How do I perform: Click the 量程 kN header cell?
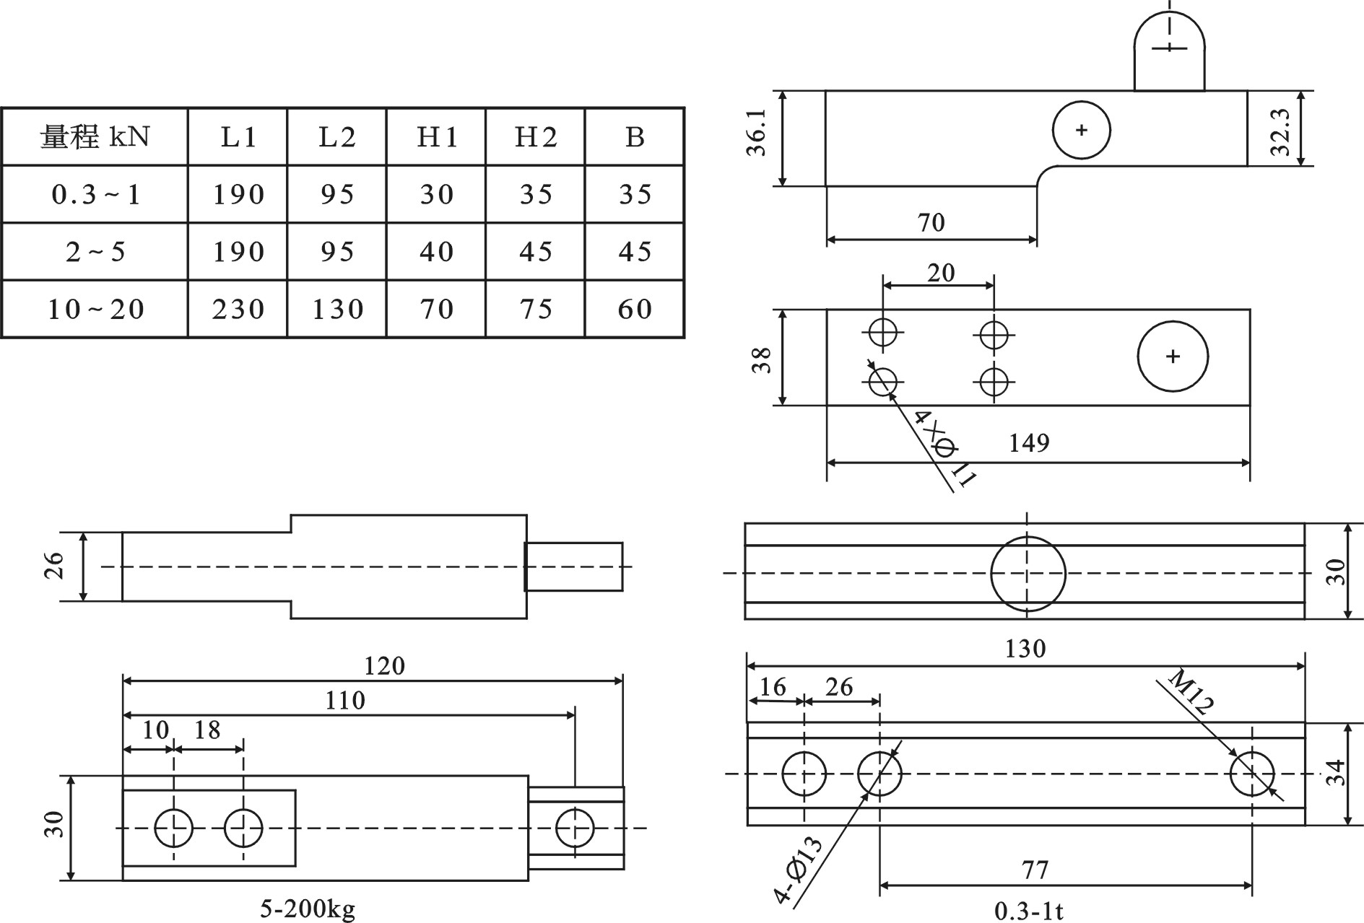coord(95,136)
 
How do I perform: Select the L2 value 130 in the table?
coord(337,309)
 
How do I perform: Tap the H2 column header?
coord(536,136)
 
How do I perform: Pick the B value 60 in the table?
coord(635,309)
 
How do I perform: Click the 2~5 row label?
coord(95,251)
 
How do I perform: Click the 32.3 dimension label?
coord(1280,131)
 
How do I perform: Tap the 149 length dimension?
coord(1028,442)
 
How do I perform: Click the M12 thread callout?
coord(1191,692)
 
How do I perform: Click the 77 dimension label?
coord(1035,870)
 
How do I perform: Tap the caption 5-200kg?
coord(308,908)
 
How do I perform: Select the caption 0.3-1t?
coord(1028,911)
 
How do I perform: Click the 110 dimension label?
coord(344,700)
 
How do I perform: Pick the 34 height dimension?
coord(1336,773)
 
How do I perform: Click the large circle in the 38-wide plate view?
coord(1173,356)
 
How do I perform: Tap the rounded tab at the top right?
coord(1169,51)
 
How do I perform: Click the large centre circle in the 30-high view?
coord(1028,574)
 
